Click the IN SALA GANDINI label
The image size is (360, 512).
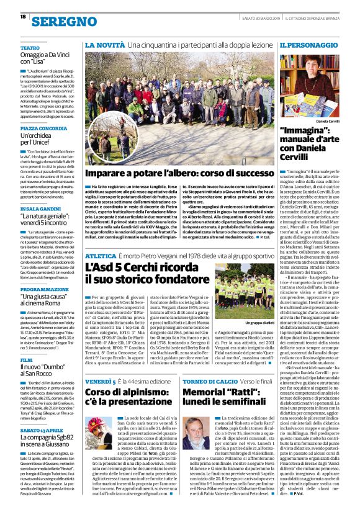pos(41,209)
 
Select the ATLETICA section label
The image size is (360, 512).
pos(100,256)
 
